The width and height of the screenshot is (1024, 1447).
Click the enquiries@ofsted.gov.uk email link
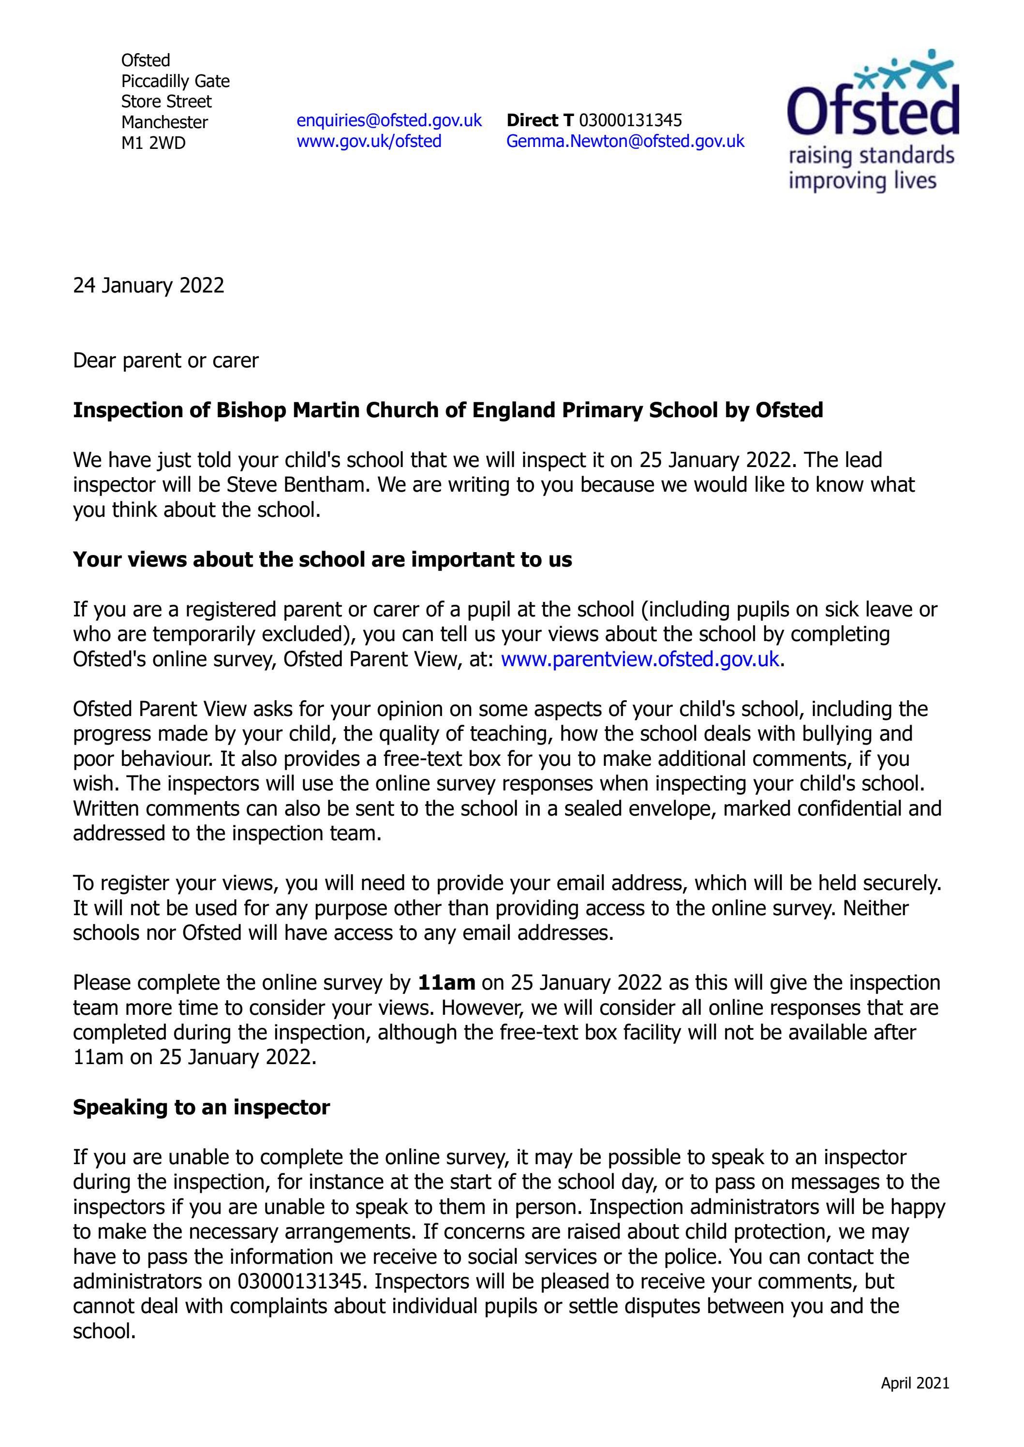[389, 120]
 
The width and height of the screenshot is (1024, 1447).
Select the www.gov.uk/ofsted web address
[369, 141]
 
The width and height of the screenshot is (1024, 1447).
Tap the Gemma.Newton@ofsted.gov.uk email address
[625, 141]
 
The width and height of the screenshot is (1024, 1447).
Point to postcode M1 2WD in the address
[153, 143]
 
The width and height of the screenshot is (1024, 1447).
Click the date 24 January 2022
[148, 286]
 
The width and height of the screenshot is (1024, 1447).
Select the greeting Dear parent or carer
[166, 361]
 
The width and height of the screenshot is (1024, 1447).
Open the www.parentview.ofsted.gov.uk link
[640, 659]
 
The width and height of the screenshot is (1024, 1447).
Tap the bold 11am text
[446, 982]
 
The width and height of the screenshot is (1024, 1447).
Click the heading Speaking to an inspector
[201, 1107]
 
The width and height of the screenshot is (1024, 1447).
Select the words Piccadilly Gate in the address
[175, 81]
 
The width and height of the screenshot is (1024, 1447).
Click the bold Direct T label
[540, 120]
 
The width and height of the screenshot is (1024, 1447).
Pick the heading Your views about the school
[322, 560]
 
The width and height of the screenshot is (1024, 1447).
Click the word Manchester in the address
[164, 122]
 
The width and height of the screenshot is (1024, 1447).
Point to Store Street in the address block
[166, 102]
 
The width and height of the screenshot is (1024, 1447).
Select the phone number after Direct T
[630, 120]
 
